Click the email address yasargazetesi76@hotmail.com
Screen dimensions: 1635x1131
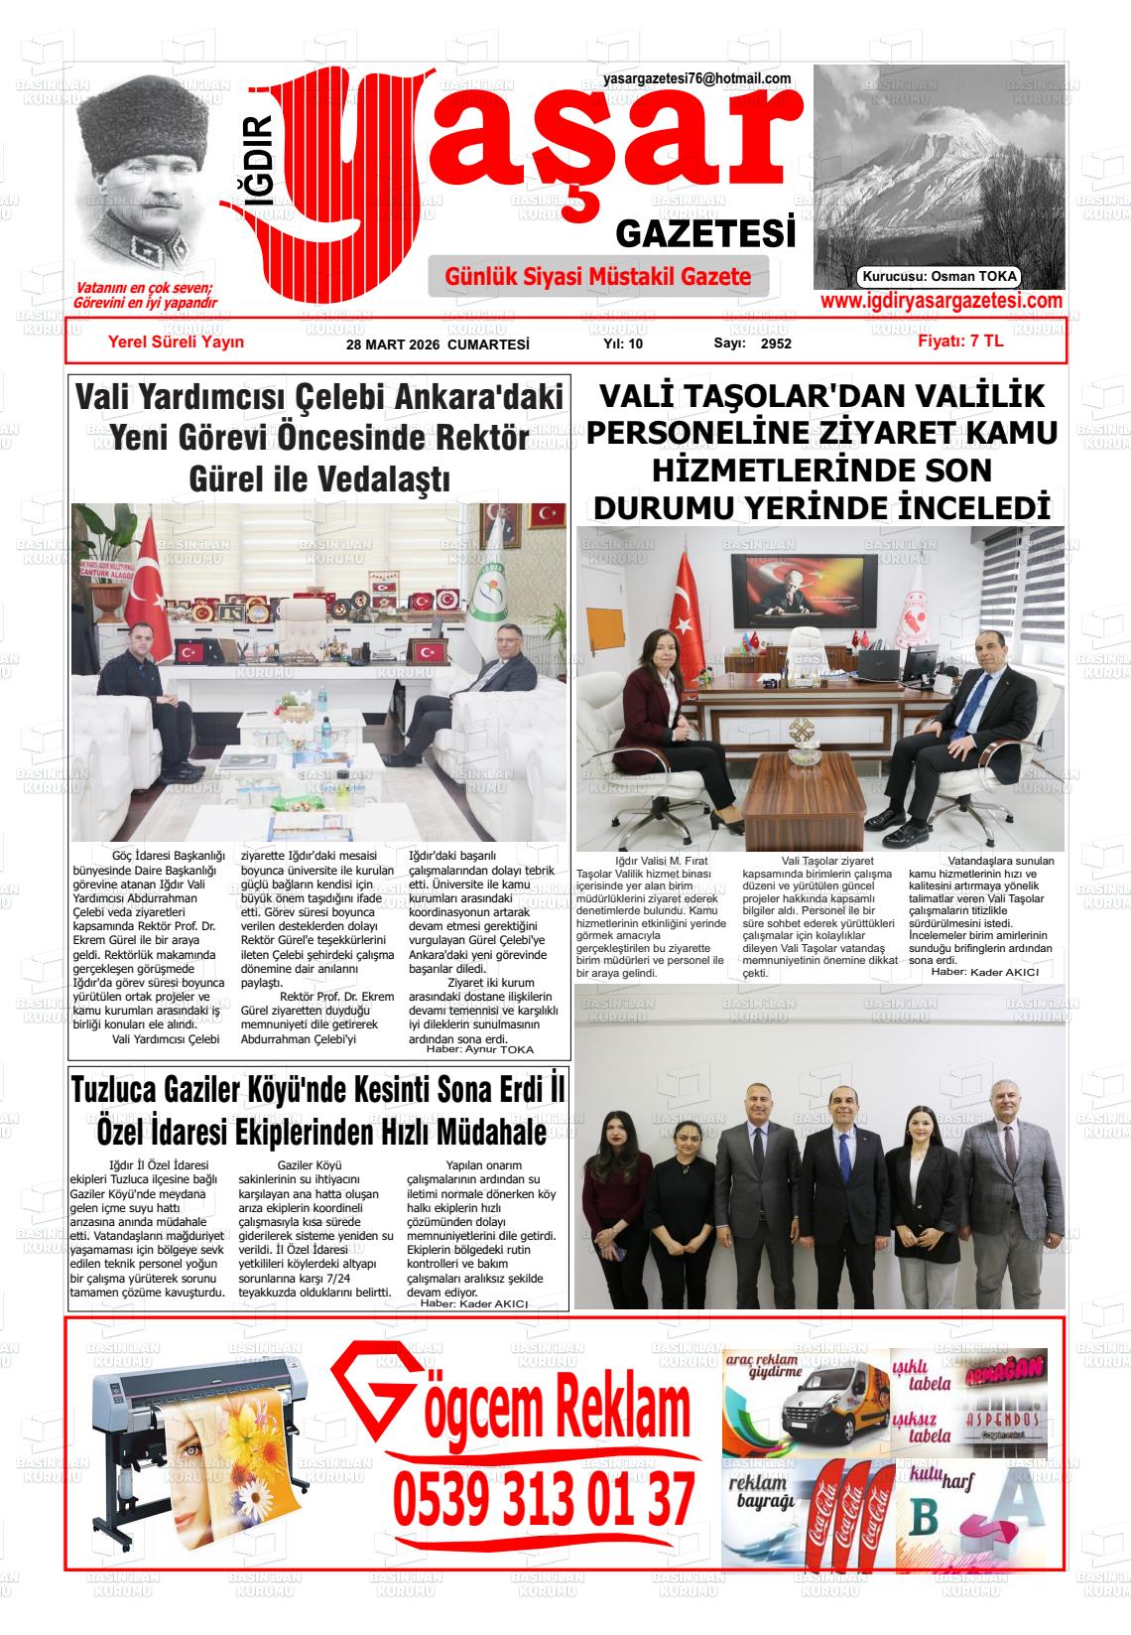(x=696, y=78)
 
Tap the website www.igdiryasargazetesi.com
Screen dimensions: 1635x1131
(x=941, y=301)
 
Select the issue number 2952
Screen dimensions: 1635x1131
(x=776, y=343)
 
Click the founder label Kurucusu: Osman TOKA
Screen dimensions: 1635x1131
(x=940, y=277)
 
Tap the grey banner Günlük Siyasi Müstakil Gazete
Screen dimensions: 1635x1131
(x=598, y=277)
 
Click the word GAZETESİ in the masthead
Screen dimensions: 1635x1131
(x=705, y=234)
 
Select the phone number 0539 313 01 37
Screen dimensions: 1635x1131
(x=543, y=1499)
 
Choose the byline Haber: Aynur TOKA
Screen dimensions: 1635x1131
(x=479, y=1049)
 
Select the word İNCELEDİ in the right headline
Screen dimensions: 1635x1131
(x=973, y=507)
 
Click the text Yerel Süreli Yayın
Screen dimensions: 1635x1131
(x=176, y=341)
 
